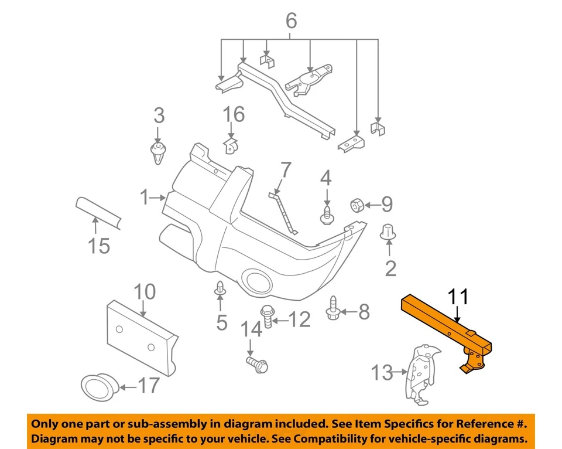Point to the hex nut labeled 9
pyautogui.click(x=358, y=205)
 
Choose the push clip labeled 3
pyautogui.click(x=157, y=153)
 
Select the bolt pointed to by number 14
pyautogui.click(x=256, y=365)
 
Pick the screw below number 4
pyautogui.click(x=326, y=215)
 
